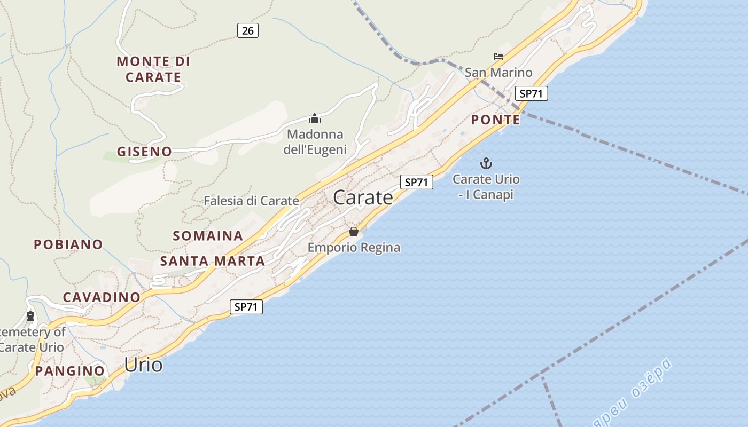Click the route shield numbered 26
pos(247,30)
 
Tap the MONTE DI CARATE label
pos(153,69)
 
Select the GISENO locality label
pos(145,152)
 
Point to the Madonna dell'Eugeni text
pos(315,142)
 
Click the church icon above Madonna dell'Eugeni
pos(315,118)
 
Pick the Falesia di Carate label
pos(251,201)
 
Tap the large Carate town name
pos(363,198)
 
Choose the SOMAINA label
pos(208,236)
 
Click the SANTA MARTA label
pos(213,262)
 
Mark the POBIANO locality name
pos(68,244)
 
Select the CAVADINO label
pos(102,297)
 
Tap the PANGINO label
pos(70,370)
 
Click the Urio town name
pos(143,365)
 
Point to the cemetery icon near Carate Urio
pos(30,316)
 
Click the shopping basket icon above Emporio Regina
pos(354,232)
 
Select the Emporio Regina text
pos(354,248)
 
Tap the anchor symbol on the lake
pos(486,163)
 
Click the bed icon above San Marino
pos(498,56)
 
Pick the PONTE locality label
pos(495,120)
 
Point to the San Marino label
pos(498,73)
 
